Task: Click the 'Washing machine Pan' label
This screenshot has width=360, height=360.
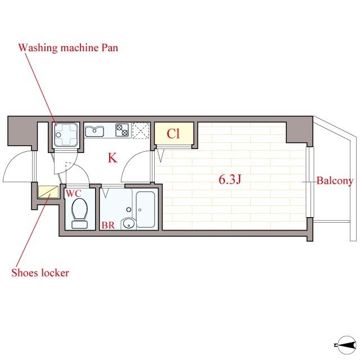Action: click(x=68, y=48)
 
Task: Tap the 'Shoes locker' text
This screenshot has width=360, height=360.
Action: click(x=40, y=273)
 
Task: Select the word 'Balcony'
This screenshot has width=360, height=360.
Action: click(x=335, y=181)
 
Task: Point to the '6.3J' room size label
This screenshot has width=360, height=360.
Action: click(x=230, y=181)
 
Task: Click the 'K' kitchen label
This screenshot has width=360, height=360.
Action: click(x=112, y=158)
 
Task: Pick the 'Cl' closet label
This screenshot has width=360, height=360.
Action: click(x=174, y=134)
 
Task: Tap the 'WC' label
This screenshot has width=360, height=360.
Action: click(x=74, y=193)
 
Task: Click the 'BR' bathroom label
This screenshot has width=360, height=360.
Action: click(x=108, y=225)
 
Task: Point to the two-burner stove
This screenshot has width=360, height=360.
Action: click(x=123, y=130)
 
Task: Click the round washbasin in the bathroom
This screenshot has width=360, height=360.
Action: click(x=130, y=224)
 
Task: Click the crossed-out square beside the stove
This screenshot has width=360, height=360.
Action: click(x=139, y=130)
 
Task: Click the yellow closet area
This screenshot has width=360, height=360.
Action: click(x=174, y=135)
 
